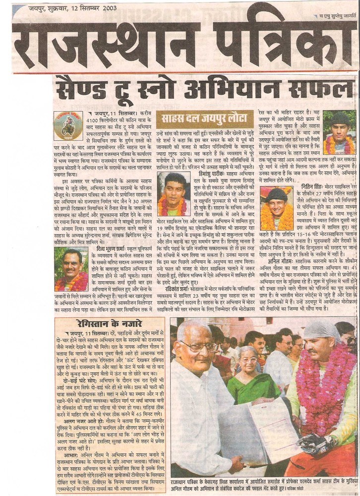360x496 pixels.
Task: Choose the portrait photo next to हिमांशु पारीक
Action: [x=175, y=194]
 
